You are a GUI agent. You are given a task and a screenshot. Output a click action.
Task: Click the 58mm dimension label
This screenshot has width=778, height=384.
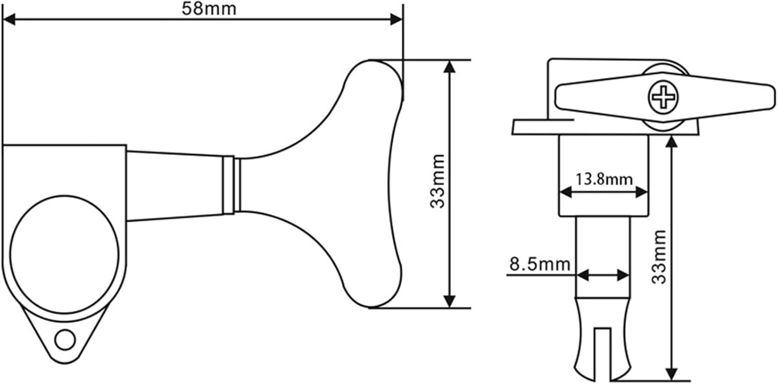click(x=209, y=9)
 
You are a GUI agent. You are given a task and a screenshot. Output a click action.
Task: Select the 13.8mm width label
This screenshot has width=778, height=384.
click(x=604, y=180)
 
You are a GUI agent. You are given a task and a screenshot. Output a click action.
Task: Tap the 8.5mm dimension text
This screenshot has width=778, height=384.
click(x=540, y=265)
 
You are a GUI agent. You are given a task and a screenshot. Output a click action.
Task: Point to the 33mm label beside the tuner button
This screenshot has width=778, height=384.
click(x=438, y=181)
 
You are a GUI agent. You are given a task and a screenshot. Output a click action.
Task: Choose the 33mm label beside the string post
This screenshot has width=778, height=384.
click(x=659, y=257)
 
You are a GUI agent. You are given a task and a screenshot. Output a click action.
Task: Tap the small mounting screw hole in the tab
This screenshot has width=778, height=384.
click(x=65, y=340)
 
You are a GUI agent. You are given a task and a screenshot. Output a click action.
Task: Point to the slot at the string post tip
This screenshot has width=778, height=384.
click(x=602, y=353)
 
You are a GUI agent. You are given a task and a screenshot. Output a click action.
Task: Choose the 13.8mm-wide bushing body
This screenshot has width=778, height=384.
click(x=604, y=156)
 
